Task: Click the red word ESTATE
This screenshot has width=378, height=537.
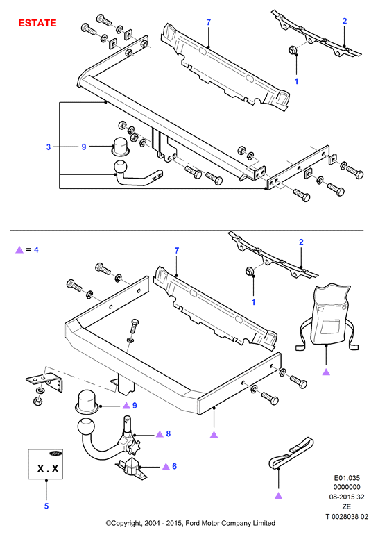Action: click(37, 23)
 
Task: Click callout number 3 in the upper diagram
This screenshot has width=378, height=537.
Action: click(49, 147)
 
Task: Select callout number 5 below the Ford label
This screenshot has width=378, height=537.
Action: click(46, 506)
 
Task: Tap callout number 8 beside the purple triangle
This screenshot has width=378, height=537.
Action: click(168, 433)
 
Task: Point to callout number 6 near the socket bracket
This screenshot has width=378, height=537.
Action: click(174, 466)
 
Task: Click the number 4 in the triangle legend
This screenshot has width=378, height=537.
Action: click(36, 249)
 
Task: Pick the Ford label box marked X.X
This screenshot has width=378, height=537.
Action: click(46, 464)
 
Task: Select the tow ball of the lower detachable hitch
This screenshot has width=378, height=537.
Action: click(86, 427)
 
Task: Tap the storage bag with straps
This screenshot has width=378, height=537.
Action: click(327, 317)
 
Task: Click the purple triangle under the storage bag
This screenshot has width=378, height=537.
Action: click(326, 372)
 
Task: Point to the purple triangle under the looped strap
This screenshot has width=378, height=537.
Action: click(279, 495)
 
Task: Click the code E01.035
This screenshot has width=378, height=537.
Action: click(347, 478)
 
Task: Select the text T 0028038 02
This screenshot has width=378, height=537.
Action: click(347, 516)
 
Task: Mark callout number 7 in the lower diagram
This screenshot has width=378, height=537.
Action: click(177, 251)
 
